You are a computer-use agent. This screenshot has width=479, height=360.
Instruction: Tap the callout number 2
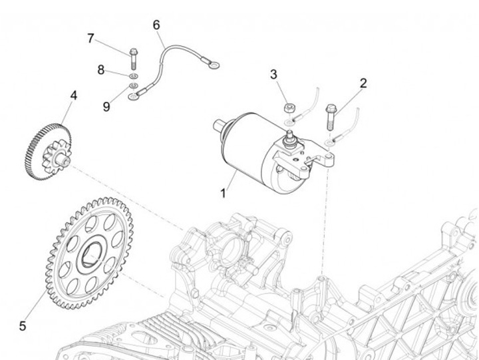363,84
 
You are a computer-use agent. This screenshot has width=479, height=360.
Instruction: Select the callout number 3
273,75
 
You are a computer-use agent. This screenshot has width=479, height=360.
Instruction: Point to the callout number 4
73,96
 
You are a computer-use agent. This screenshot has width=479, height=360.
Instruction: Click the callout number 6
156,25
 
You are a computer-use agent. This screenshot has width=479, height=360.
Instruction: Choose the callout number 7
91,39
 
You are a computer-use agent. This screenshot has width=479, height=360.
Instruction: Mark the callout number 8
101,69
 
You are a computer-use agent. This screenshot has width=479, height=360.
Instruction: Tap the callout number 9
106,104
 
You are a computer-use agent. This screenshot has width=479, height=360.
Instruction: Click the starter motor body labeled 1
249,143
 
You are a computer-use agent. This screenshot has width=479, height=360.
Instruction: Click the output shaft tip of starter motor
218,124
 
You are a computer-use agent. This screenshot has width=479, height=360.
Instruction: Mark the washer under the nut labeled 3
287,124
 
